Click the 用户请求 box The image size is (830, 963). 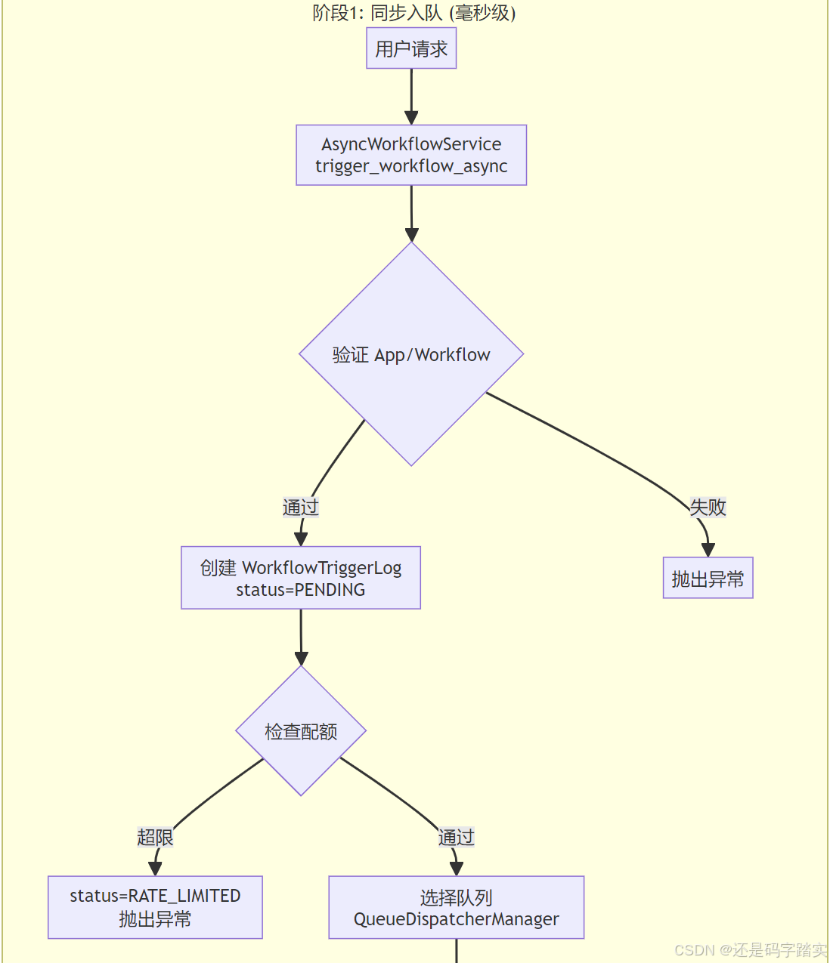411,49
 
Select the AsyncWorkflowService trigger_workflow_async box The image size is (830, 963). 411,155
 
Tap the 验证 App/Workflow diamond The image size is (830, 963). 411,354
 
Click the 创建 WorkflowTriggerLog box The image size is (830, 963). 301,578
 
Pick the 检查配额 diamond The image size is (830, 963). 301,731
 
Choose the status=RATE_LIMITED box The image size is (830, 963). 155,907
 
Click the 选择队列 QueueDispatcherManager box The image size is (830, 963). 456,907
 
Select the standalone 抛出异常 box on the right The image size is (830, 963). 708,579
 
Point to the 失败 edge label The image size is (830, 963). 708,508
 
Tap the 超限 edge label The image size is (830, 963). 155,837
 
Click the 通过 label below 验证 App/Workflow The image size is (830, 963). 301,508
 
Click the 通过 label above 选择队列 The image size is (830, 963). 456,837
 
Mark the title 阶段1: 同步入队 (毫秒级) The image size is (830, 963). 414,13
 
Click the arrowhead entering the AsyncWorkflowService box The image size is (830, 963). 411,117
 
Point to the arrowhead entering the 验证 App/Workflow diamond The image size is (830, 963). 412,234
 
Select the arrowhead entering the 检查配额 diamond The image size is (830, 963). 301,658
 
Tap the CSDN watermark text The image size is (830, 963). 750,949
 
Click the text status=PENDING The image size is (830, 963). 301,590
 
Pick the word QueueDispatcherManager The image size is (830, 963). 456,919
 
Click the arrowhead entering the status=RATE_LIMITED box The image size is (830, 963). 155,869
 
